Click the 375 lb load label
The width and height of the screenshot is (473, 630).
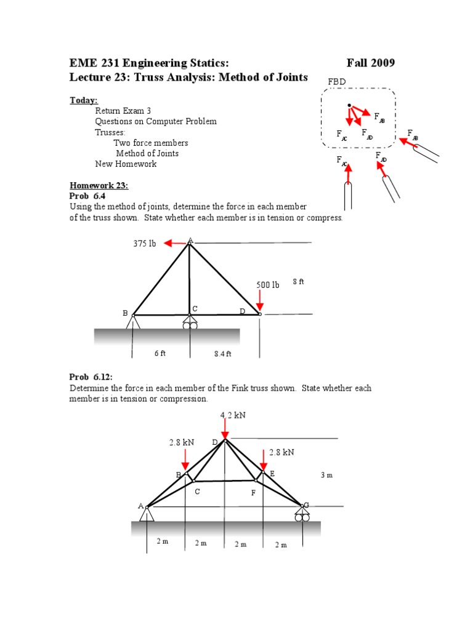click(145, 244)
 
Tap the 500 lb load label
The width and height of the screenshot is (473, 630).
click(268, 285)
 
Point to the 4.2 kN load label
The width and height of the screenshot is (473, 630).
click(233, 415)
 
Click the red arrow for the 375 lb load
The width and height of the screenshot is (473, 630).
click(175, 244)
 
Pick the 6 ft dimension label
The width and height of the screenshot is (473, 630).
click(160, 353)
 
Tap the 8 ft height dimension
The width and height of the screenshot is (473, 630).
click(298, 282)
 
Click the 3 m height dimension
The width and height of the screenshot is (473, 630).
click(326, 475)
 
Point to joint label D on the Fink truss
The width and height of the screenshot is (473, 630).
click(215, 442)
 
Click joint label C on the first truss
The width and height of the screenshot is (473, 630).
click(195, 308)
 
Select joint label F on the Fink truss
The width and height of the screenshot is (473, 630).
click(253, 493)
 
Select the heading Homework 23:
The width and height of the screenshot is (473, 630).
click(99, 185)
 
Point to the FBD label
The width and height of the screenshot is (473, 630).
click(337, 82)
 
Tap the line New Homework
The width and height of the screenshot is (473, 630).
click(126, 164)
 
